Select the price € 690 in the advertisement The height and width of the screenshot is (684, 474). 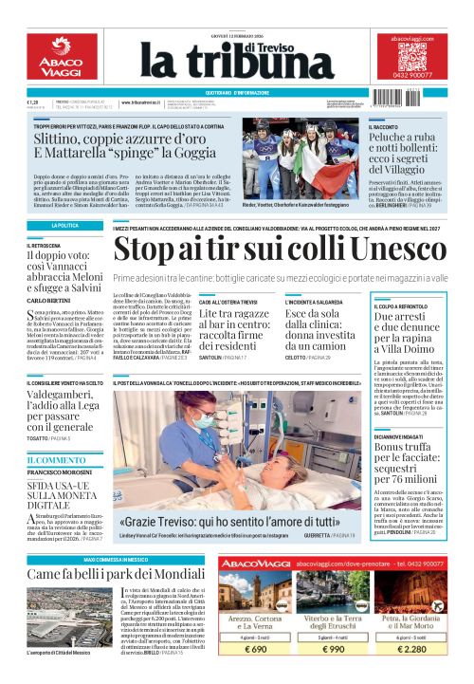pyautogui.click(x=255, y=650)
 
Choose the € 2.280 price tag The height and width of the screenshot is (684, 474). pyautogui.click(x=423, y=650)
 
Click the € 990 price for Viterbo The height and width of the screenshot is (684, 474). pyautogui.click(x=338, y=650)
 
